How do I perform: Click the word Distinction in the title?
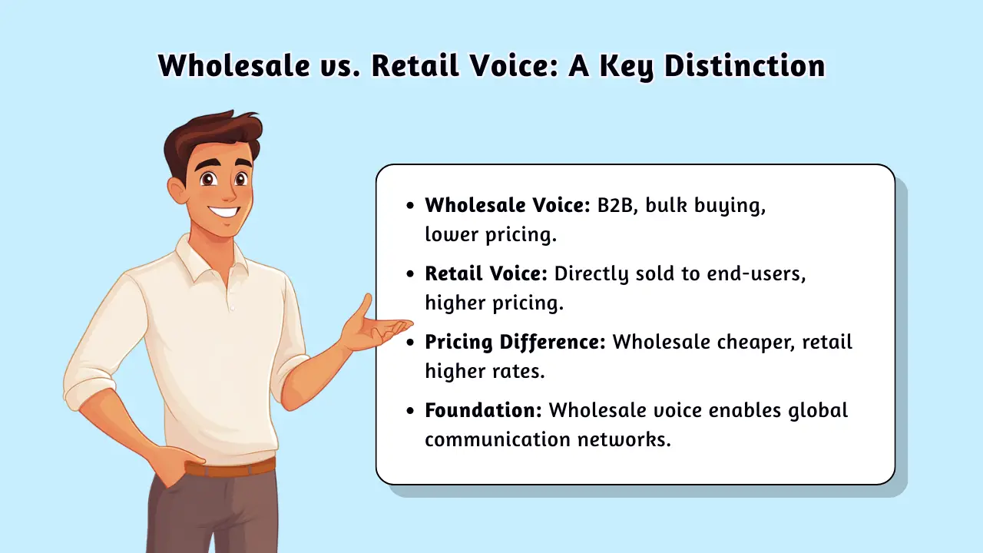pyautogui.click(x=745, y=66)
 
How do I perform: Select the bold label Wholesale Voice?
pyautogui.click(x=508, y=205)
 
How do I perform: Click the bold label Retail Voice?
pyautogui.click(x=486, y=273)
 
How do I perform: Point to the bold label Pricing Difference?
pyautogui.click(x=515, y=343)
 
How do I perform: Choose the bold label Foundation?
pyautogui.click(x=484, y=410)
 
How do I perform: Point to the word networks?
pyautogui.click(x=624, y=439)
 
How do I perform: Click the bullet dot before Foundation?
pyautogui.click(x=410, y=411)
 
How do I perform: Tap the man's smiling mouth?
pyautogui.click(x=224, y=212)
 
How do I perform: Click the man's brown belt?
pyautogui.click(x=231, y=469)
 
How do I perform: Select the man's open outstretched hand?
pyautogui.click(x=376, y=325)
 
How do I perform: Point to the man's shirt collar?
pyautogui.click(x=210, y=258)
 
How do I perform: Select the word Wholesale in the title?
pyautogui.click(x=234, y=66)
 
